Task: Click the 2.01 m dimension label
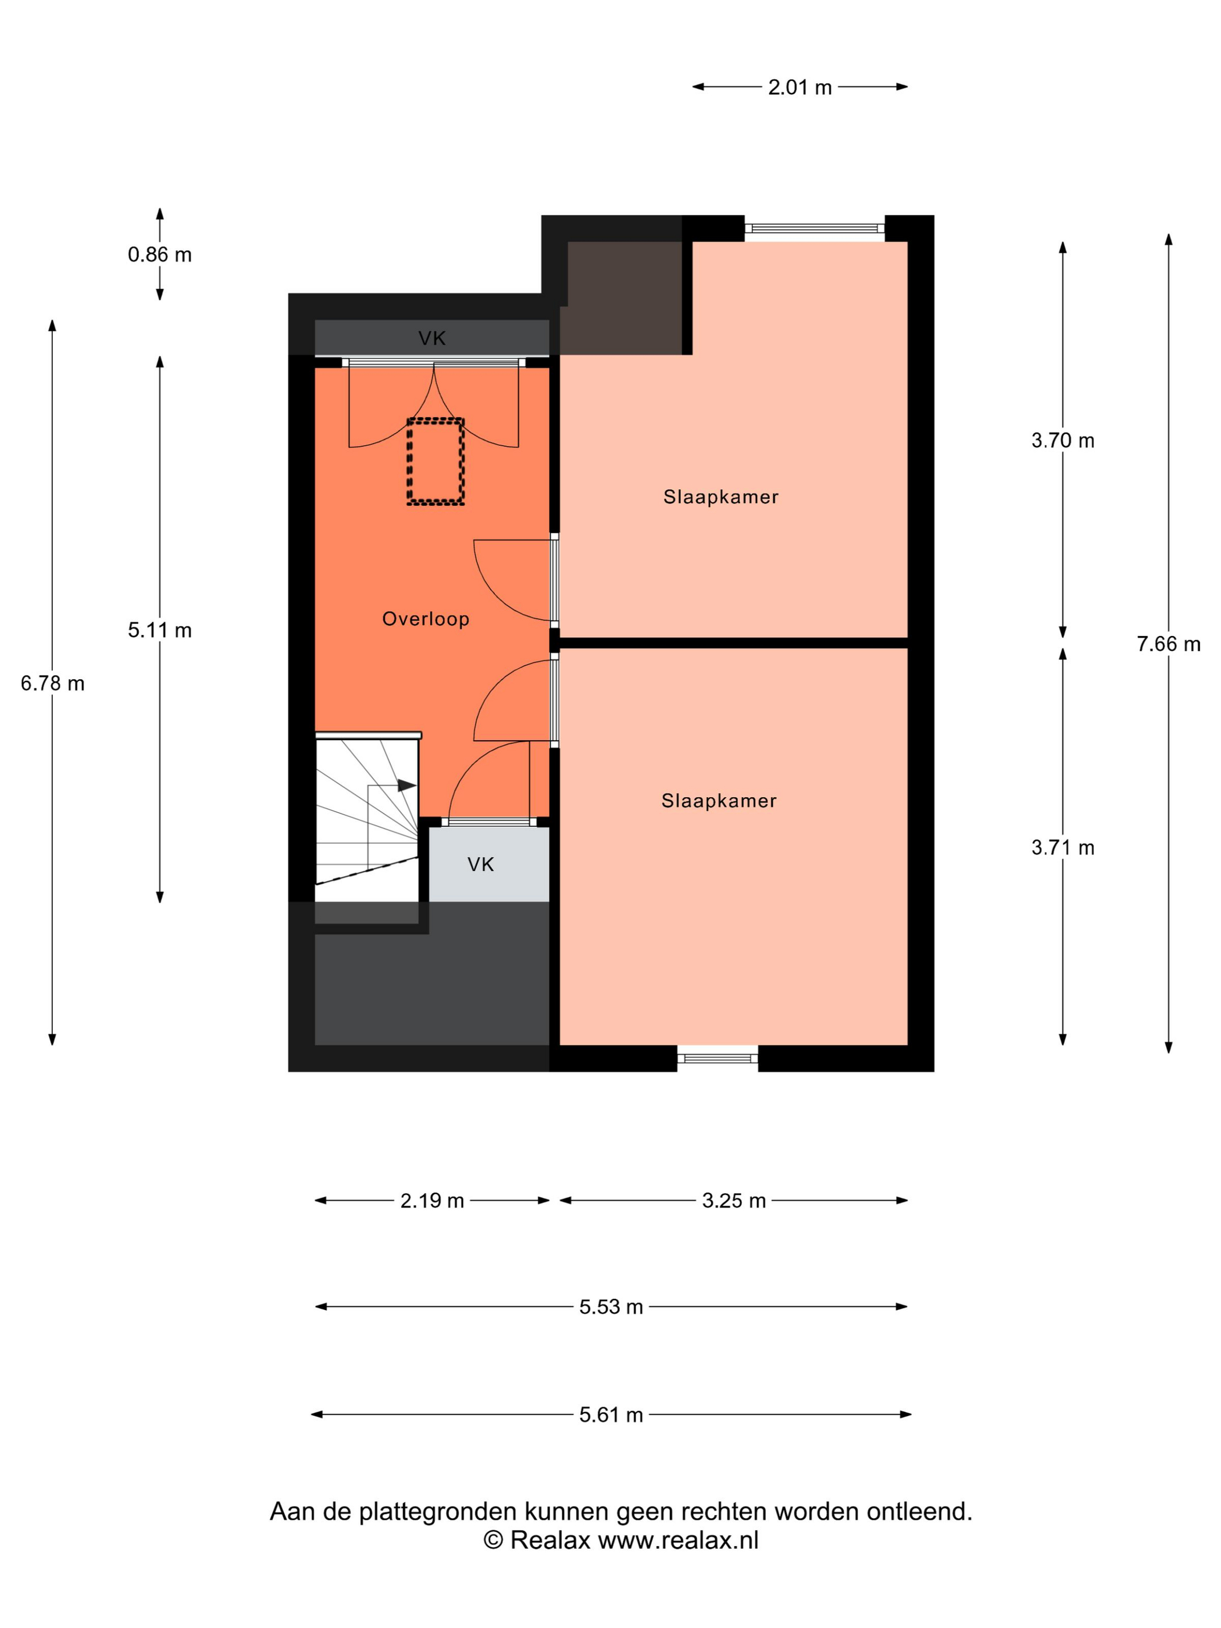tap(799, 88)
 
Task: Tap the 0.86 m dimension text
tap(160, 255)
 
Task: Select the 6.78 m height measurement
tap(52, 684)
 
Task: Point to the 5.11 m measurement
tap(160, 630)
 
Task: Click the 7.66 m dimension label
tap(1168, 644)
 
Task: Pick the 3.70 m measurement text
tap(1062, 441)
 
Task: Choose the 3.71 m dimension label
tap(1062, 848)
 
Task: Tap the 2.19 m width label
tap(432, 1201)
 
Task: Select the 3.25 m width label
tap(734, 1201)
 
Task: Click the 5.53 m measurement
tap(611, 1307)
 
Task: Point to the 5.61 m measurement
tap(611, 1415)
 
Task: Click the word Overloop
tap(426, 619)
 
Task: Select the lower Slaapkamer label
tap(718, 801)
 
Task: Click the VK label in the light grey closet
tap(481, 865)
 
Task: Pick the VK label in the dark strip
tap(432, 338)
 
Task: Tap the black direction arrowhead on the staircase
tap(407, 786)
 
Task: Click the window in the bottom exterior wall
tap(717, 1058)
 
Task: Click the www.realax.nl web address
tap(678, 1540)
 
